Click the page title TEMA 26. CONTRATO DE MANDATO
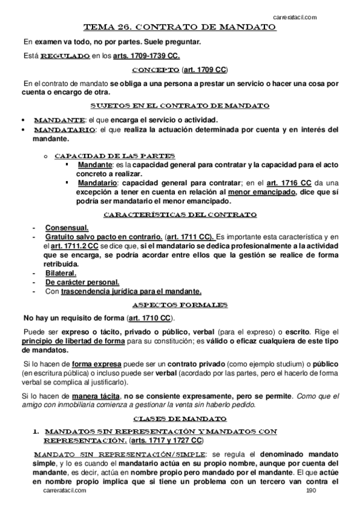point(180,28)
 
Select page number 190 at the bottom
point(310,491)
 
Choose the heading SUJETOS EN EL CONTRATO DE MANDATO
point(180,106)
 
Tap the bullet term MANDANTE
point(59,119)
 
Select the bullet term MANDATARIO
point(64,129)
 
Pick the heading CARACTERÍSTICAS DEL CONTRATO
point(180,215)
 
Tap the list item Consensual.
point(67,227)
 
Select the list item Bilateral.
point(61,273)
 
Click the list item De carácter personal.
point(82,282)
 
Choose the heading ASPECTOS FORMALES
point(180,305)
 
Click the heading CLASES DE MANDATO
point(180,417)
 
